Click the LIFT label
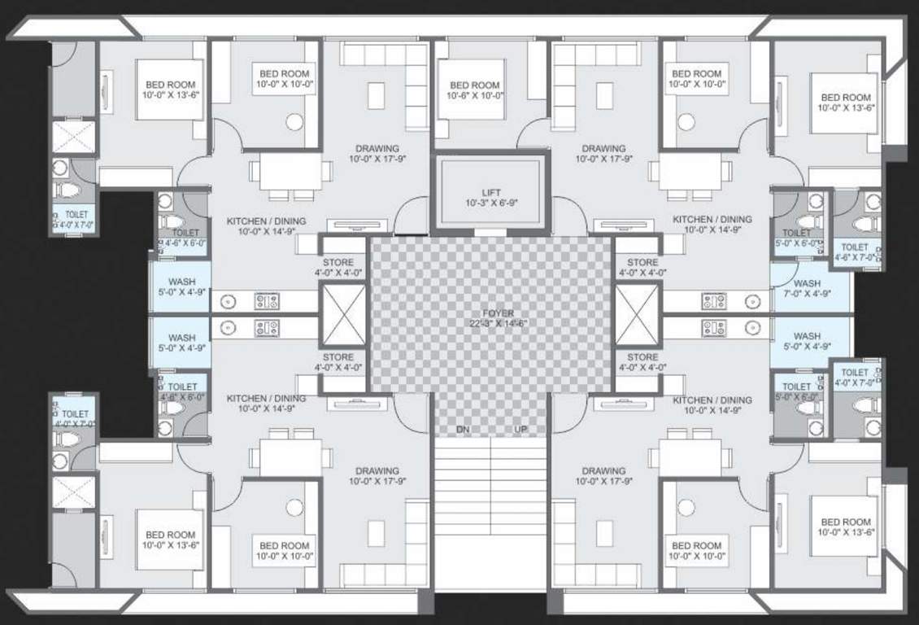click(x=490, y=192)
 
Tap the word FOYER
click(x=490, y=312)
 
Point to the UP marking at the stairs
click(x=520, y=430)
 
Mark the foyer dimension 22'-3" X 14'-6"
click(x=490, y=323)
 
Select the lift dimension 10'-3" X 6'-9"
click(x=490, y=203)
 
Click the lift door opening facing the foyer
click(x=490, y=232)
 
